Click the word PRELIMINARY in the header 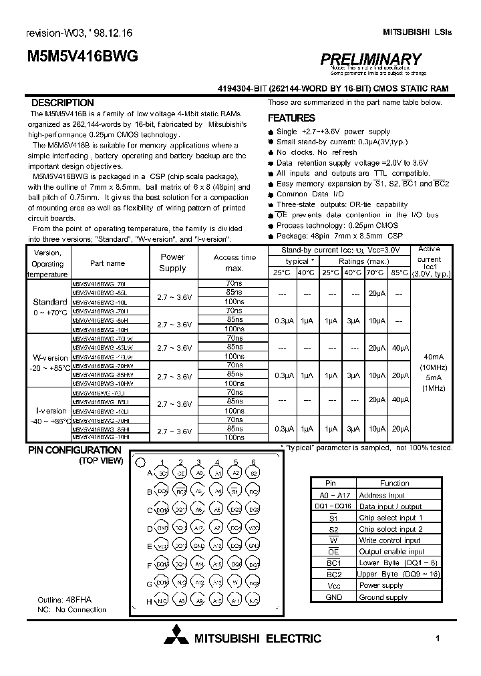pyautogui.click(x=370, y=60)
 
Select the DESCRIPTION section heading pyautogui.click(x=63, y=103)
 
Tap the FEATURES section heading pyautogui.click(x=291, y=118)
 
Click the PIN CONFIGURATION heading pyautogui.click(x=74, y=450)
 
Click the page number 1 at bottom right pyautogui.click(x=438, y=639)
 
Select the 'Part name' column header pyautogui.click(x=107, y=263)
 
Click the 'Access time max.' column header pyautogui.click(x=234, y=263)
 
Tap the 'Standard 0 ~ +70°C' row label pyautogui.click(x=49, y=307)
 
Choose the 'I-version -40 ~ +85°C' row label pyautogui.click(x=49, y=416)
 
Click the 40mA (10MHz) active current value pyautogui.click(x=428, y=361)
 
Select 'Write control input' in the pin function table pyautogui.click(x=389, y=540)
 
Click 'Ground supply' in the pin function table pyautogui.click(x=383, y=597)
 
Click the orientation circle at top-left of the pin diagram pyautogui.click(x=140, y=462)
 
